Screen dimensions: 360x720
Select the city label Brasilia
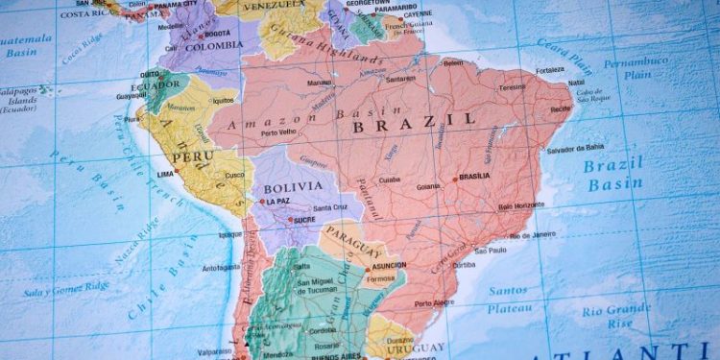click(474, 178)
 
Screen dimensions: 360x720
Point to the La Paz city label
click(277, 202)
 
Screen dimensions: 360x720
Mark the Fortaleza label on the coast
click(551, 69)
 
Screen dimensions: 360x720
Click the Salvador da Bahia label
click(576, 150)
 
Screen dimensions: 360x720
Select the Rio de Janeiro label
click(533, 235)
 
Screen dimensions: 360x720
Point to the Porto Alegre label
click(435, 303)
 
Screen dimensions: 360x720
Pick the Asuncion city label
click(388, 265)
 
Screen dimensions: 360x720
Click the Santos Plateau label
click(508, 298)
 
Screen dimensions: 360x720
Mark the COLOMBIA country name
click(213, 46)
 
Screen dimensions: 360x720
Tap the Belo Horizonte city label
click(522, 206)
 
